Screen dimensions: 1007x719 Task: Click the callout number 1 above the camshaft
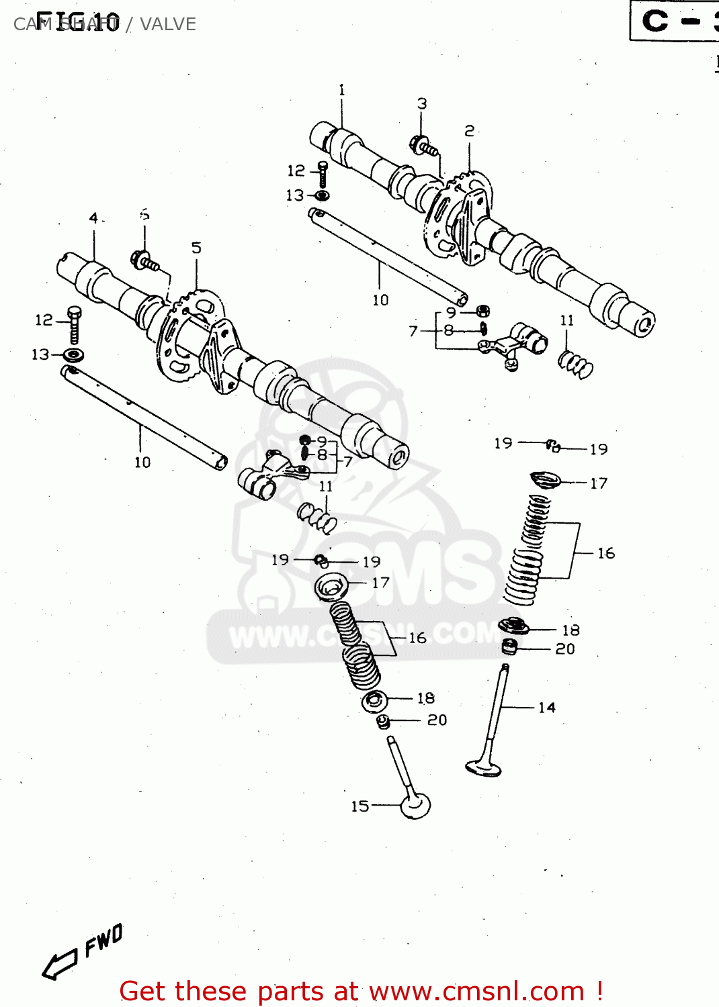point(341,90)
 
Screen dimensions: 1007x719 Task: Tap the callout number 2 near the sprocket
point(470,131)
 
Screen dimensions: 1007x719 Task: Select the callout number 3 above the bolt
point(422,104)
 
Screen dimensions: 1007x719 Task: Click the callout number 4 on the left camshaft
point(93,218)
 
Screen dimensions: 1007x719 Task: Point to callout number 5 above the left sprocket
point(196,248)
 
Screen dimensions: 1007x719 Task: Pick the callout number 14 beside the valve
point(547,708)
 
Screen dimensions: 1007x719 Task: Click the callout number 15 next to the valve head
point(360,806)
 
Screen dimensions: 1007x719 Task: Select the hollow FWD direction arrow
point(59,964)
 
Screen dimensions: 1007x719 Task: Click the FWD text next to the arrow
point(103,940)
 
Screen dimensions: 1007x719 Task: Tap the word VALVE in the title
point(168,24)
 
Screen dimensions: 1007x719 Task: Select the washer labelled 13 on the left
point(73,354)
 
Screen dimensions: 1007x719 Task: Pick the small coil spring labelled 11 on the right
point(576,365)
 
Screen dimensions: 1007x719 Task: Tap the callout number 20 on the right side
point(565,649)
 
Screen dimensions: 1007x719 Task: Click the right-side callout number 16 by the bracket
point(606,553)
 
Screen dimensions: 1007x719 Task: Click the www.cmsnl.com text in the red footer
point(476,991)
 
